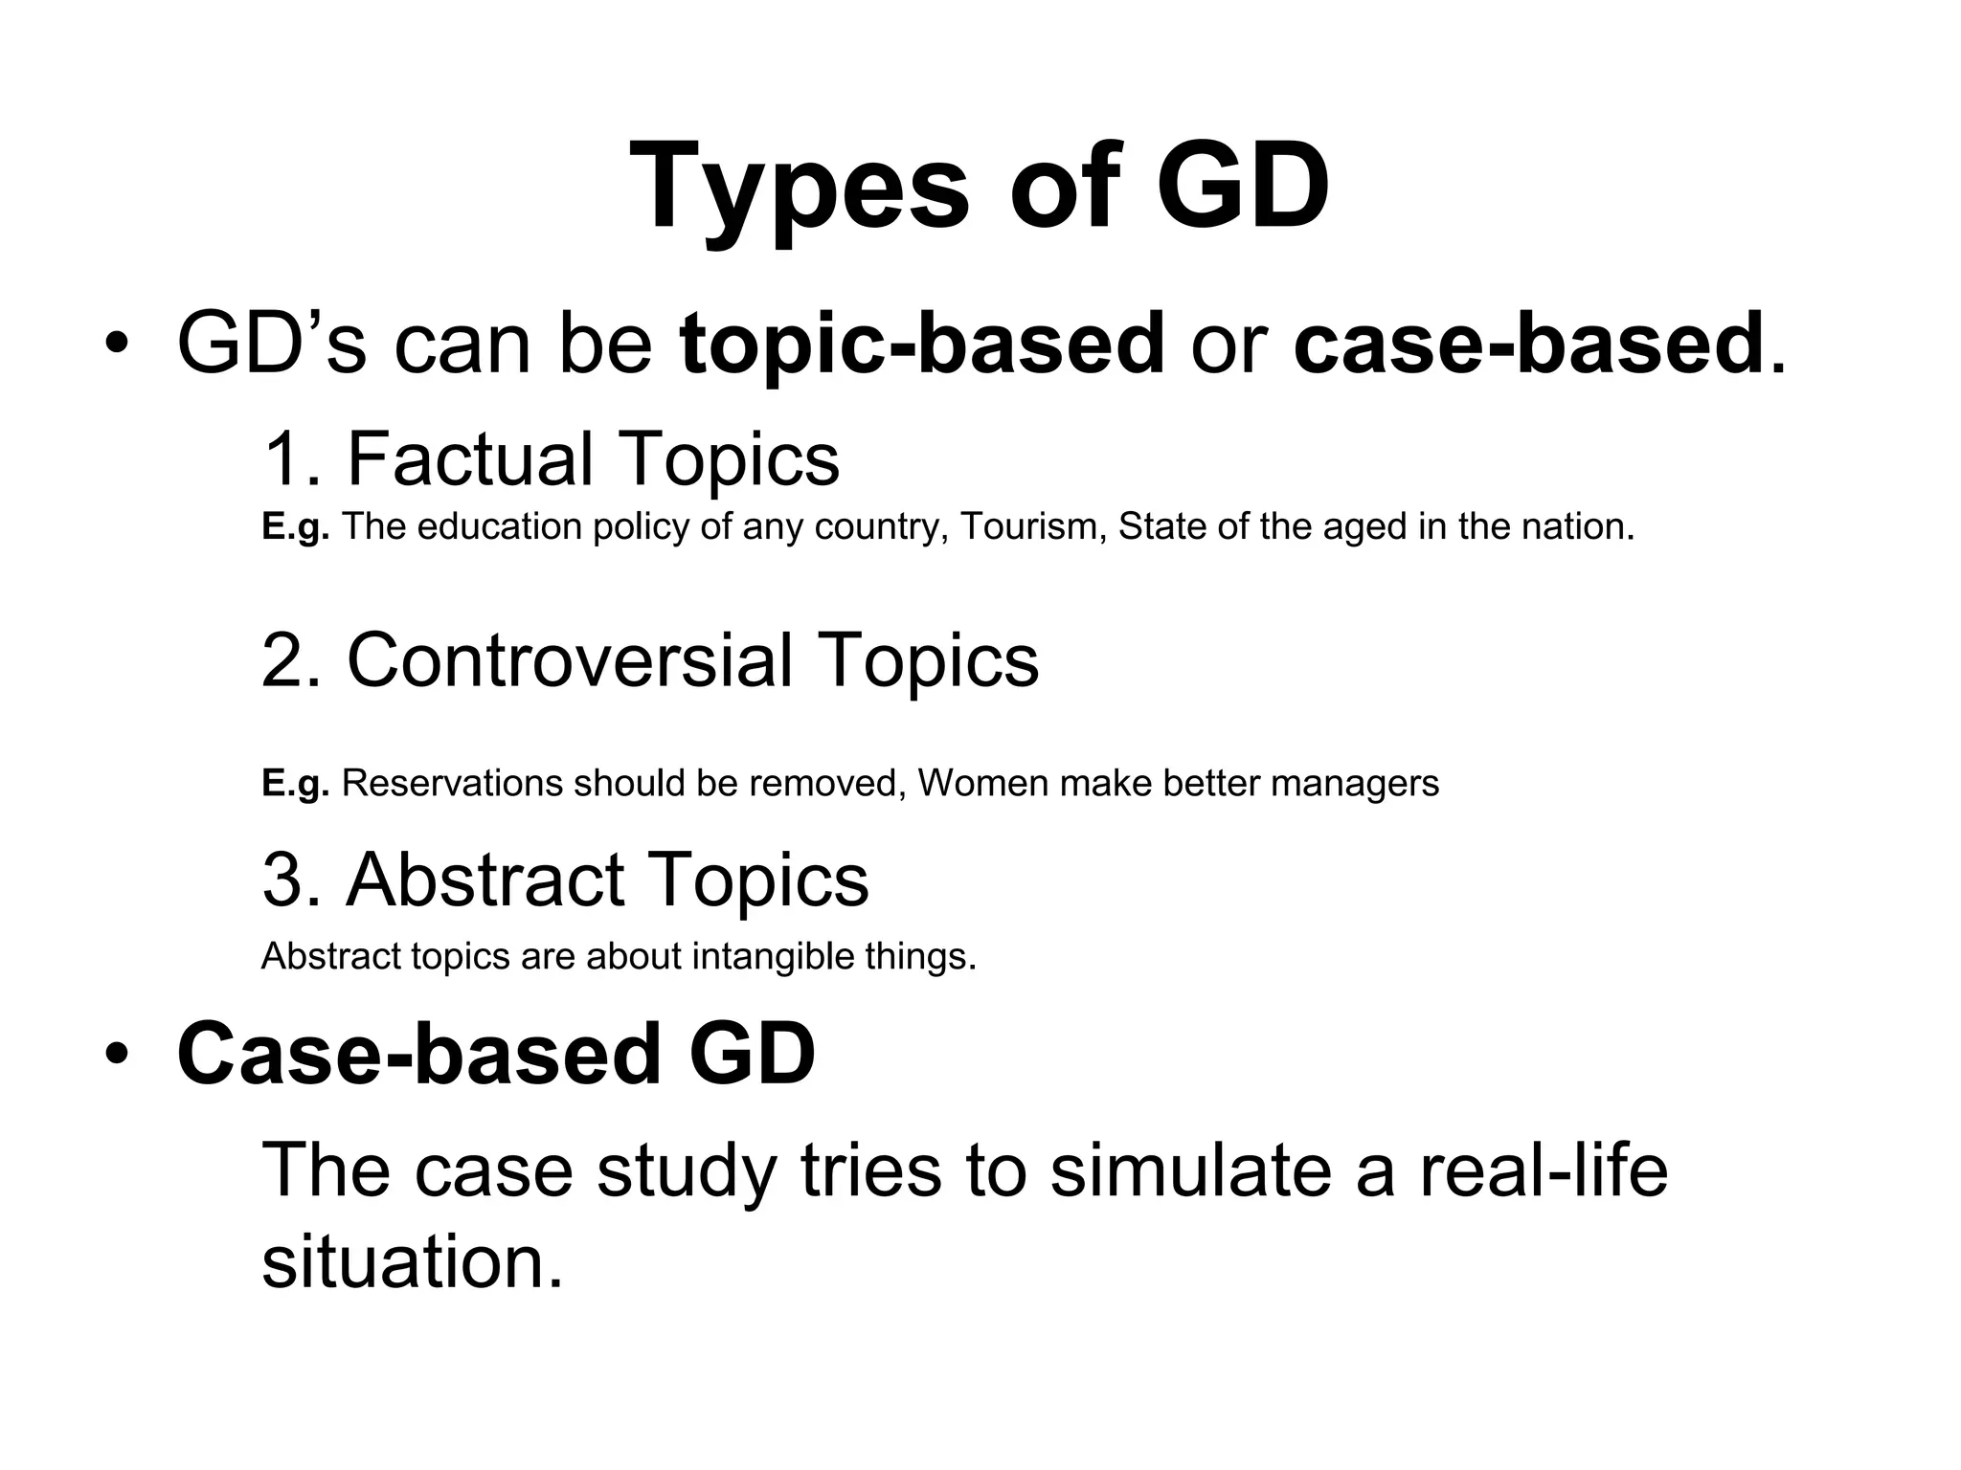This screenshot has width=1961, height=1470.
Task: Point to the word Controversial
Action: click(569, 660)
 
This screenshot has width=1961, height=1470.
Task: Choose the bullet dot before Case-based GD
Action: click(116, 1055)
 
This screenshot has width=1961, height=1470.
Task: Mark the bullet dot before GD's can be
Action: click(116, 345)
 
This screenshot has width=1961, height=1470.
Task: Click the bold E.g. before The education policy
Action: click(295, 526)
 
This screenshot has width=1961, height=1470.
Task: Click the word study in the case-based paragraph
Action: click(686, 1171)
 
